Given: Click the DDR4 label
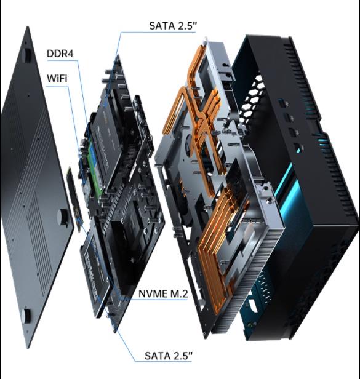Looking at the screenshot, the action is coord(60,54).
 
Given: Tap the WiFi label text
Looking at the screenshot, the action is coord(57,78).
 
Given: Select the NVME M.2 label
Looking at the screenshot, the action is coord(163,293).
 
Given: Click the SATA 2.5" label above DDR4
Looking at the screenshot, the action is coord(172,26).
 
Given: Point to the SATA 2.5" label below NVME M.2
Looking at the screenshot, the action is coord(169,356).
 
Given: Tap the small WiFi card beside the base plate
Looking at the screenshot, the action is coord(74,199).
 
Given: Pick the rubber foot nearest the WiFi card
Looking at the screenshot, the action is coord(63,217).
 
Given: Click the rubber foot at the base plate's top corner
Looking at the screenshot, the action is coord(27,55).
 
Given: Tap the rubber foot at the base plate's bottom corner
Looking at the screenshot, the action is coord(26,316).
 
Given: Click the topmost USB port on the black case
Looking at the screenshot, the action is coord(282,103).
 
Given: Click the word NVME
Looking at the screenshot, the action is coord(152,293).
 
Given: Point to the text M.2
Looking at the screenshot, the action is coord(179,293).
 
